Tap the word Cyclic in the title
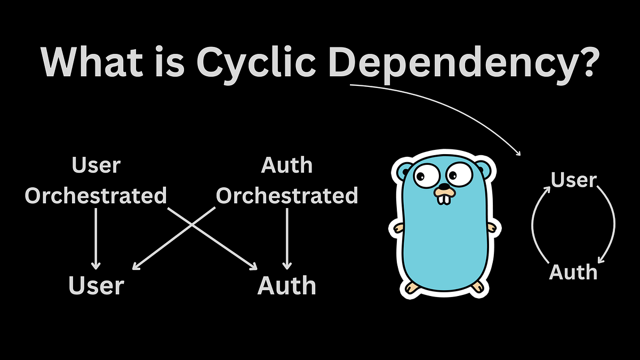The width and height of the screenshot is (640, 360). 255,65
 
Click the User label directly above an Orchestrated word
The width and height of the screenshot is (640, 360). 97,165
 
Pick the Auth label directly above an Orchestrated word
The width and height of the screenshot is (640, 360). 287,165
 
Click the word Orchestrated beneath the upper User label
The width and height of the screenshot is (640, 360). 96,195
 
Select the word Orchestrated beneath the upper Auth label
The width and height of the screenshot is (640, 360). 287,195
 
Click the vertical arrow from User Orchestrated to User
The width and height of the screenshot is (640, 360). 95,239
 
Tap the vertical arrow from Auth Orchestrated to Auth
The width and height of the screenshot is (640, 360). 287,239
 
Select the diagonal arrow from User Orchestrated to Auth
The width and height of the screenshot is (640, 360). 212,238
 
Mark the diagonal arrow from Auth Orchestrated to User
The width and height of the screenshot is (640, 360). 174,238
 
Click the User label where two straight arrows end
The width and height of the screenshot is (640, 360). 97,285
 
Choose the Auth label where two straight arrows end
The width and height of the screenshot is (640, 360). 287,285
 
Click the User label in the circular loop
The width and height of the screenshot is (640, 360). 574,180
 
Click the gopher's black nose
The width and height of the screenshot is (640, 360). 444,187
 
